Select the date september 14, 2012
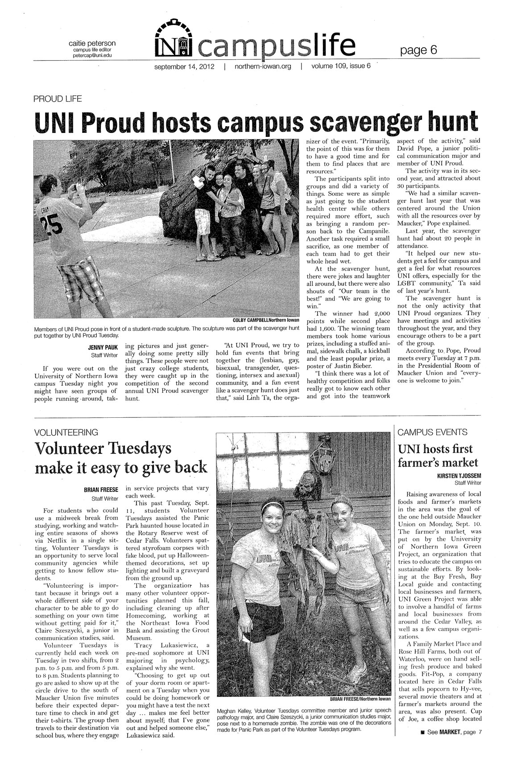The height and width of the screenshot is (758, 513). (184, 67)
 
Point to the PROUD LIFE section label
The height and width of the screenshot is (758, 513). (57, 99)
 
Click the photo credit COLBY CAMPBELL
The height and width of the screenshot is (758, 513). (252, 320)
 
